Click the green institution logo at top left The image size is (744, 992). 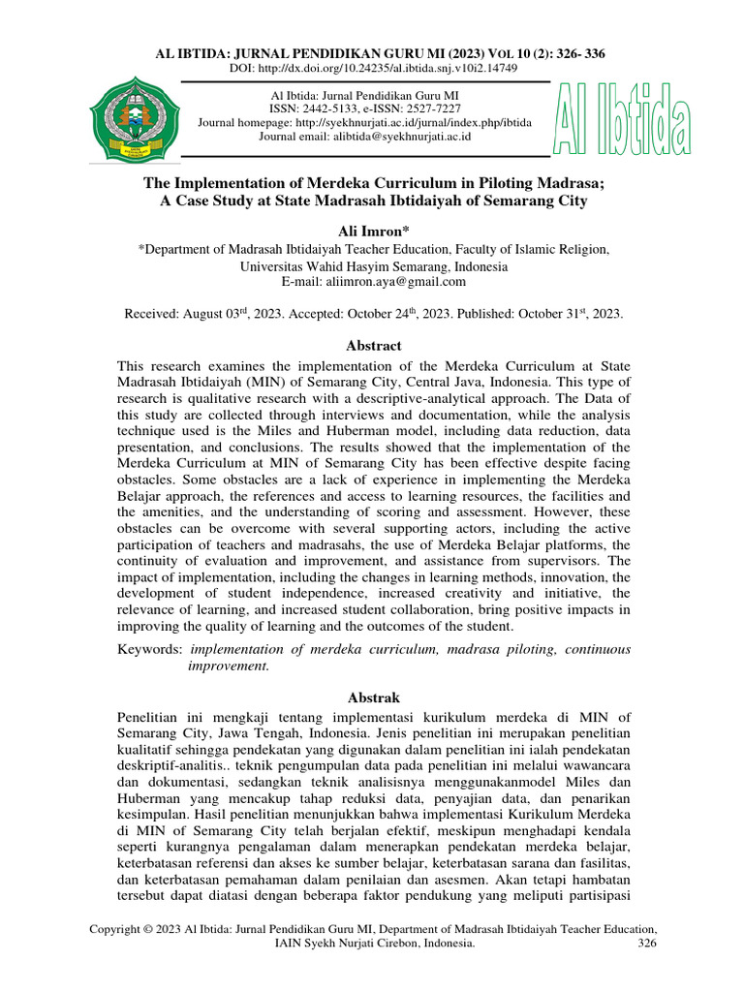[x=132, y=118]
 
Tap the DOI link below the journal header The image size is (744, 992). [x=372, y=69]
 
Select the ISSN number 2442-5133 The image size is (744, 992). [x=345, y=108]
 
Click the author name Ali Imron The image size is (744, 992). [x=372, y=229]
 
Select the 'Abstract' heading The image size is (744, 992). [x=372, y=346]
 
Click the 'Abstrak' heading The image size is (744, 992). [x=372, y=697]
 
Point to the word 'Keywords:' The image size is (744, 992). [x=149, y=648]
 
